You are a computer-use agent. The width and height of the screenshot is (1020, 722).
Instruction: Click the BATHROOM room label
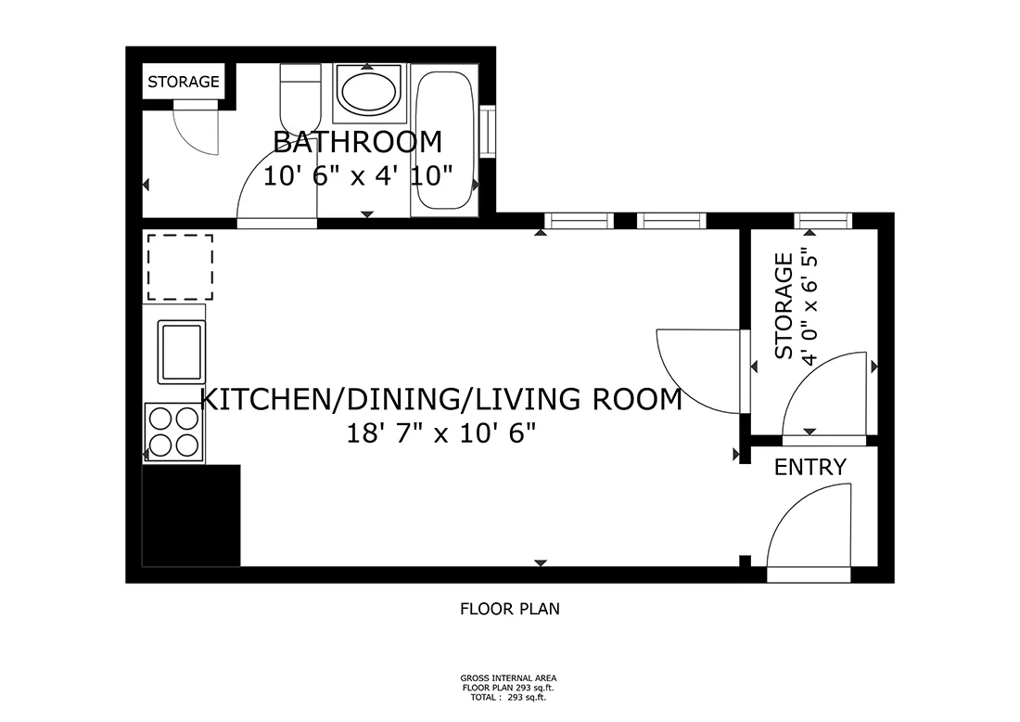pyautogui.click(x=357, y=142)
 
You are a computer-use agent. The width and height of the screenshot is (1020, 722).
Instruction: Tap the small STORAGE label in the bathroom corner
pyautogui.click(x=184, y=82)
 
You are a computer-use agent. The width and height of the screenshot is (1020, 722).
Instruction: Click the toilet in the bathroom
pyautogui.click(x=300, y=97)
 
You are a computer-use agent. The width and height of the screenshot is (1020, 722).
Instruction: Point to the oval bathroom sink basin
pyautogui.click(x=367, y=91)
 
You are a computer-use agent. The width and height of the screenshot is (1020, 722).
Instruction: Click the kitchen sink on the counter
pyautogui.click(x=181, y=352)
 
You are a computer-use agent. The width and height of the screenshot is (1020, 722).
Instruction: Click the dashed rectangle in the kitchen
pyautogui.click(x=180, y=266)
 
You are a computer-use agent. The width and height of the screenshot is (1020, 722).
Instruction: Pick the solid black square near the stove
pyautogui.click(x=191, y=515)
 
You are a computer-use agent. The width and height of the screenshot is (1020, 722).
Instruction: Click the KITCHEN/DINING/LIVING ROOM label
pyautogui.click(x=441, y=400)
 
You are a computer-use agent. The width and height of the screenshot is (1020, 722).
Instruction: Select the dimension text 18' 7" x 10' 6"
pyautogui.click(x=441, y=432)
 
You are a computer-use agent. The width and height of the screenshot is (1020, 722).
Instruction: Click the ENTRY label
pyautogui.click(x=810, y=467)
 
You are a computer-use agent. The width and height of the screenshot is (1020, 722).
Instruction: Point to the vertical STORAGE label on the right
pyautogui.click(x=784, y=306)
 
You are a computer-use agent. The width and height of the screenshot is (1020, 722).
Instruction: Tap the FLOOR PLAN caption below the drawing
pyautogui.click(x=510, y=610)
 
